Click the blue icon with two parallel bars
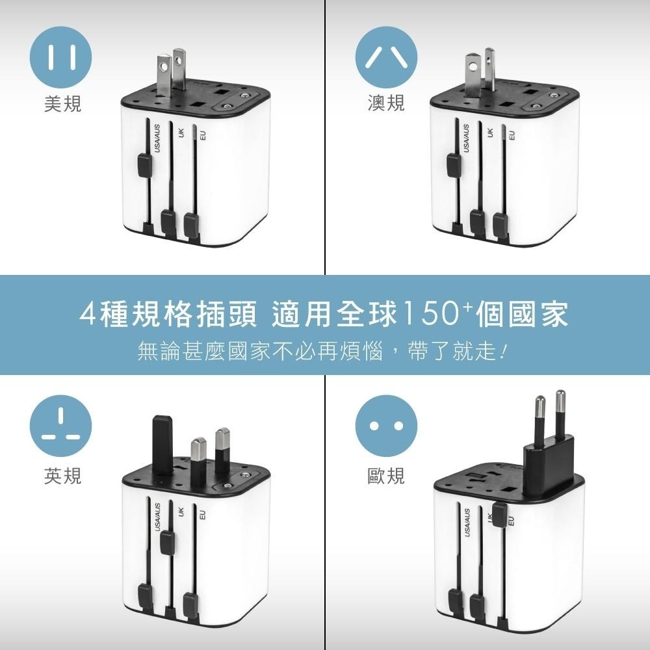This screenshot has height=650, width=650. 60,57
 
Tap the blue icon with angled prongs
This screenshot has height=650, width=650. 386,57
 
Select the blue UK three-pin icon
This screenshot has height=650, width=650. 60,426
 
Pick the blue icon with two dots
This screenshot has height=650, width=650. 386,426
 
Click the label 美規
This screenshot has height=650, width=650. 62,103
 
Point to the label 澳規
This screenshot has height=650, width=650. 386,103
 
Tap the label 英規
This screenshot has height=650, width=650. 62,475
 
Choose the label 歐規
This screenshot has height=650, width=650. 386,475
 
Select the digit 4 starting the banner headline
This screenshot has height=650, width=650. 88,314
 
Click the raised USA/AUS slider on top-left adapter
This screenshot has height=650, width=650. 144,164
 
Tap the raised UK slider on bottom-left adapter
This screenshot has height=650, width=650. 167,541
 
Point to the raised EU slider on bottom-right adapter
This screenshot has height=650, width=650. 500,514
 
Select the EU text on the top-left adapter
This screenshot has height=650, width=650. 203,135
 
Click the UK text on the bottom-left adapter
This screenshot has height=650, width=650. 180,512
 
